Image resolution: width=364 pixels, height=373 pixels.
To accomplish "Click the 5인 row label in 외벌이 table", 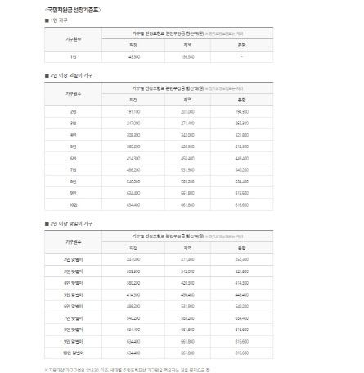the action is click(x=73, y=145).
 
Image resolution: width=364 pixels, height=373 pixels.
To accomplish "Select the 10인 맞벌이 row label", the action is click(x=74, y=353).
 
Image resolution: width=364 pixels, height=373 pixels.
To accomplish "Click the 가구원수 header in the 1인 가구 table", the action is click(x=73, y=39).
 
